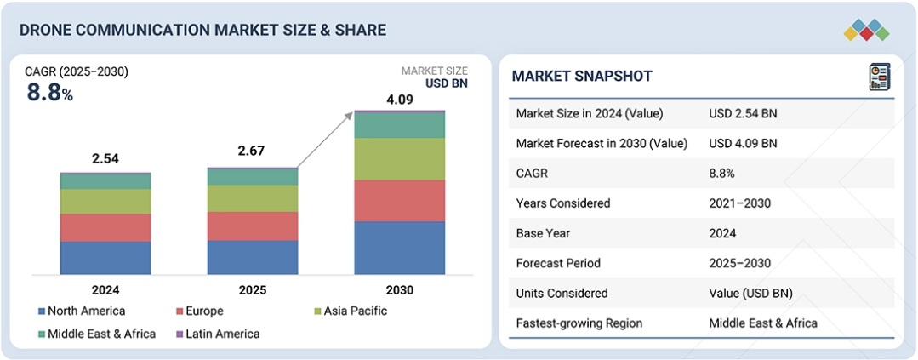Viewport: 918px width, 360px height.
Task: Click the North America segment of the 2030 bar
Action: (399, 248)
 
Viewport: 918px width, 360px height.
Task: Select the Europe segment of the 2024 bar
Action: (105, 227)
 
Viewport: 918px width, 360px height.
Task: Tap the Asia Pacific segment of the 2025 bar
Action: (253, 198)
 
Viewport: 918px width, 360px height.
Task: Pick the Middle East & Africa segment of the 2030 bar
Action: (399, 125)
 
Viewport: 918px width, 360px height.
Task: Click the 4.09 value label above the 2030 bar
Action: (400, 100)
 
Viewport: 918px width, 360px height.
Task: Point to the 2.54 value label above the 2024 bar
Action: (105, 159)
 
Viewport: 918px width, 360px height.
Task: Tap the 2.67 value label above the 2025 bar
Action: (253, 151)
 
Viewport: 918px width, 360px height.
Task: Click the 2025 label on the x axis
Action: (253, 290)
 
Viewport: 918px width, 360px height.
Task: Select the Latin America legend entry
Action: (218, 334)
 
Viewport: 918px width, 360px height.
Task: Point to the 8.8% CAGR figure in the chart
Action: (49, 93)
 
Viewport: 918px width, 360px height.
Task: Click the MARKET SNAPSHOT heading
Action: (581, 77)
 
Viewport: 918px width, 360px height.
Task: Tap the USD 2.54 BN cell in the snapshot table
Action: (742, 113)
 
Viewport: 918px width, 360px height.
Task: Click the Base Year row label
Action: (544, 233)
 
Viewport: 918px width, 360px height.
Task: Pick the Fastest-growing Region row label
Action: (579, 323)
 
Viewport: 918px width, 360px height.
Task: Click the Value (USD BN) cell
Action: (750, 293)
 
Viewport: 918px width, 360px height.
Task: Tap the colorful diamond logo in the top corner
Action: (866, 30)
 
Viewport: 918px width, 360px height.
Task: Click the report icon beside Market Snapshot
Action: (879, 77)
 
